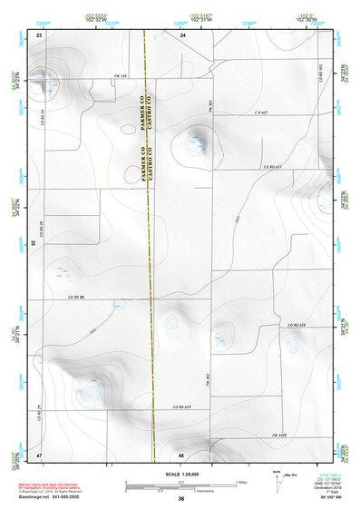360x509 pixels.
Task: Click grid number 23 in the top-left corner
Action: pos(39,34)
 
